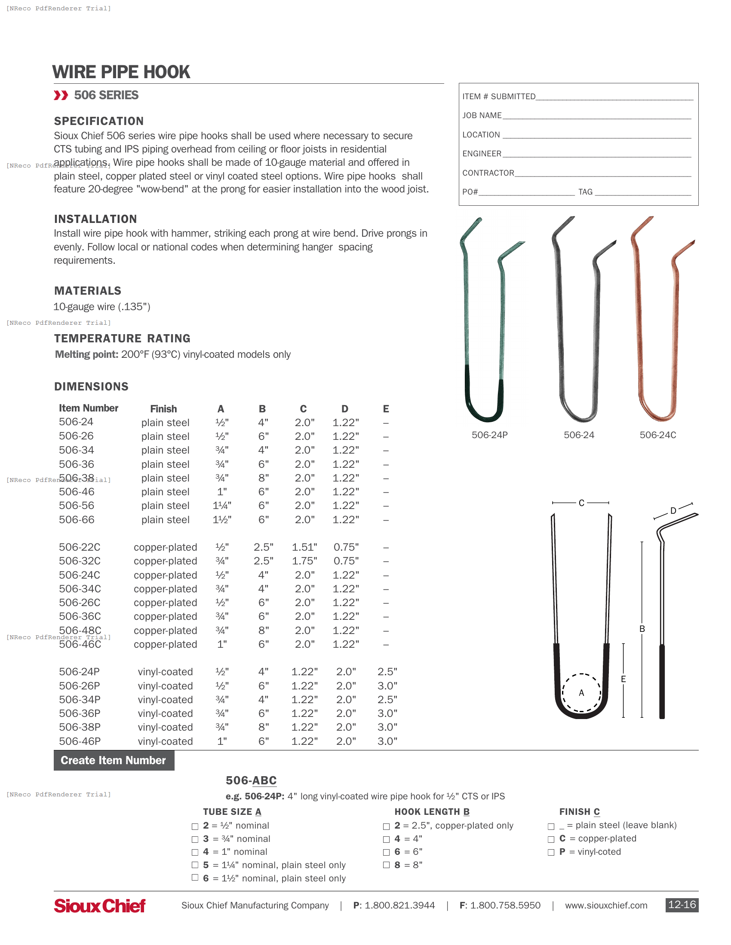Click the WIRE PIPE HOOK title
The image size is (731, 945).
[x=121, y=72]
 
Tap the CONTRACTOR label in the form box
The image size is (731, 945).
[x=488, y=173]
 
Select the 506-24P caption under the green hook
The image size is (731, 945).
[x=489, y=435]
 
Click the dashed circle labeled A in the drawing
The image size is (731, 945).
[x=581, y=693]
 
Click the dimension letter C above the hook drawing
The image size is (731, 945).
[x=581, y=503]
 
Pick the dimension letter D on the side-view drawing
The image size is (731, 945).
[x=673, y=511]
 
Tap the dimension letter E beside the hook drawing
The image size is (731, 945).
[x=623, y=679]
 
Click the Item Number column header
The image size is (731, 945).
[x=88, y=408]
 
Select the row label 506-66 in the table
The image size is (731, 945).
[x=77, y=520]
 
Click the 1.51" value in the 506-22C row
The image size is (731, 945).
[x=304, y=547]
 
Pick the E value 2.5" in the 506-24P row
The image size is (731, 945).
[x=387, y=672]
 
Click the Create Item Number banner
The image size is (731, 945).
[x=114, y=760]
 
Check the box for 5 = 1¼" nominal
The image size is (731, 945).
[x=195, y=865]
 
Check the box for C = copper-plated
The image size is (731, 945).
[x=551, y=839]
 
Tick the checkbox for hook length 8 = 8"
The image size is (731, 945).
[x=386, y=865]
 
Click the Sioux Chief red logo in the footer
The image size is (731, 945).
[x=100, y=905]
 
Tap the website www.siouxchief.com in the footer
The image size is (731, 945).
[x=606, y=905]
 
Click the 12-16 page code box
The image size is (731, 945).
[x=681, y=905]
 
